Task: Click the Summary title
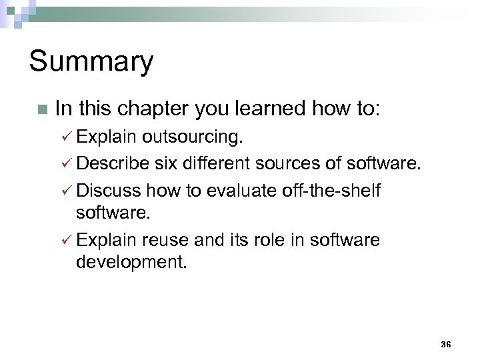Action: [x=91, y=62]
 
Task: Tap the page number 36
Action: [x=446, y=344]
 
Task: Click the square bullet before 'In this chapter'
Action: [x=42, y=109]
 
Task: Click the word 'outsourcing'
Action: [x=192, y=138]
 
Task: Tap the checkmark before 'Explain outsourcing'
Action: [x=66, y=138]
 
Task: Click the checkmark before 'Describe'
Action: [x=66, y=164]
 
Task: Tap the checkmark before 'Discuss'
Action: [x=66, y=191]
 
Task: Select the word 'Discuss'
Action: [x=109, y=191]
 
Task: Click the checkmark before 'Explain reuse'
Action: [x=66, y=240]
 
